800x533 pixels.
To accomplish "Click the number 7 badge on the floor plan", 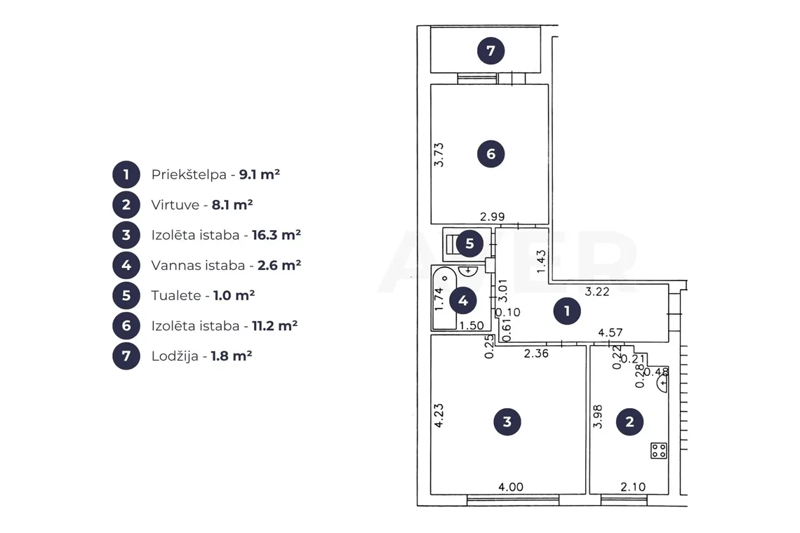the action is [x=491, y=50].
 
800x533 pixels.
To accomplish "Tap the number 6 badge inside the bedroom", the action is [x=491, y=154].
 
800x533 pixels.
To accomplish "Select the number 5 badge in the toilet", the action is [x=469, y=243].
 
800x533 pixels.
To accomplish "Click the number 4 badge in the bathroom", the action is [x=462, y=300].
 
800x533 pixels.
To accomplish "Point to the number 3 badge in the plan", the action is [x=507, y=421].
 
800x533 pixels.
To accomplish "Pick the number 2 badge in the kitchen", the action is [x=629, y=421].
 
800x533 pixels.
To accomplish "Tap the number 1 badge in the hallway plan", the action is [x=567, y=311].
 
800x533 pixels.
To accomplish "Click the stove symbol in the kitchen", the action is [x=659, y=450].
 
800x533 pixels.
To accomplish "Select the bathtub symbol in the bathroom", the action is [x=444, y=298].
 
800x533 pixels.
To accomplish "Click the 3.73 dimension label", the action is [x=439, y=155].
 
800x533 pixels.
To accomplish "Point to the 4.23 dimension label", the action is [x=439, y=416].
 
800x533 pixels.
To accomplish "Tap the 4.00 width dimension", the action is [x=511, y=487].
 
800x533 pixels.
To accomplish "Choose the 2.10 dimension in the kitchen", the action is [x=633, y=487].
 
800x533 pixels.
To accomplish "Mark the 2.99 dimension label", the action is [x=493, y=217].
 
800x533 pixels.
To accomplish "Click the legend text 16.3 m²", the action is [x=276, y=235].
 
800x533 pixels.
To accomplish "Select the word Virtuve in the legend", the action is [x=175, y=205].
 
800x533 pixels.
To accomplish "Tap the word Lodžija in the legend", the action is [x=175, y=356].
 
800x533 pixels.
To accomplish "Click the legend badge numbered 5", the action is [x=126, y=295].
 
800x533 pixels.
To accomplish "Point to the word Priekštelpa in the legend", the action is [x=189, y=175].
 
